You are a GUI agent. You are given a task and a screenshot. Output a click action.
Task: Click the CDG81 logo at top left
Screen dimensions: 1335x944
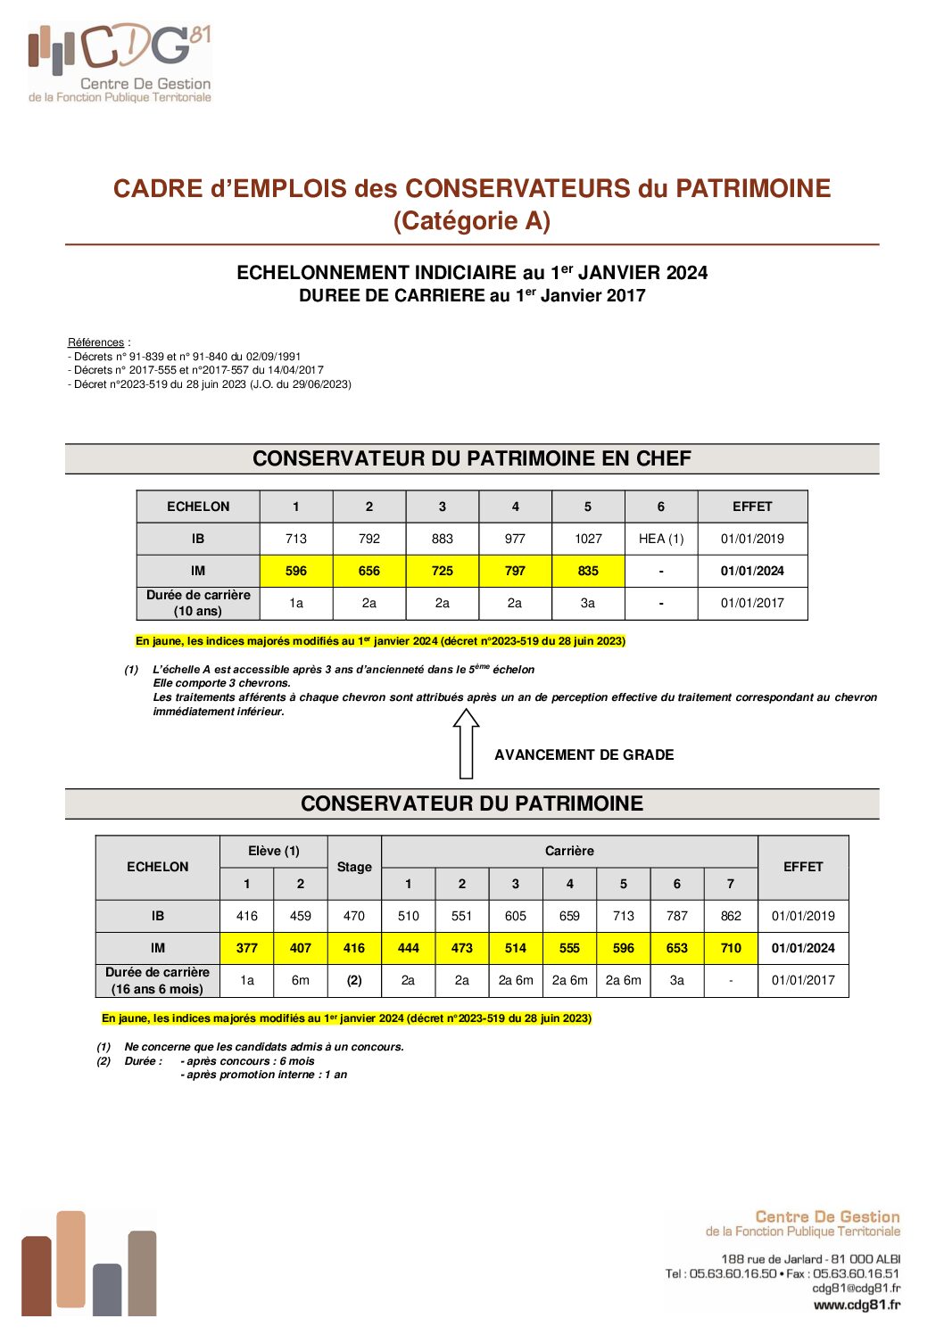click(120, 62)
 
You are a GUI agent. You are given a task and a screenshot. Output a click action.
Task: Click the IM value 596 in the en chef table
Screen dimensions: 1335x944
click(296, 571)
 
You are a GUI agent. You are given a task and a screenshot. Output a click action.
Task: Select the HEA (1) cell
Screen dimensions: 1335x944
click(661, 539)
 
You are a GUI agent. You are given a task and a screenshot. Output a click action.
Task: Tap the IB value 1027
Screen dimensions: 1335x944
click(588, 539)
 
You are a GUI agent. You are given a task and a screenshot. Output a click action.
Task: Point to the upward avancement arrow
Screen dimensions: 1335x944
click(466, 743)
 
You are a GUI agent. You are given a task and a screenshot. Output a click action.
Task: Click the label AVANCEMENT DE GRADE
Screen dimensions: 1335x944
click(584, 754)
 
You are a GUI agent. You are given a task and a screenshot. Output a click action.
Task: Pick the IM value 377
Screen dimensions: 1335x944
click(247, 948)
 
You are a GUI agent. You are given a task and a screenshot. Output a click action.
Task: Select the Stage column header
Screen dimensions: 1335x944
click(354, 867)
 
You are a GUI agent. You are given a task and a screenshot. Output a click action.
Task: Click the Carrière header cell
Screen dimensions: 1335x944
click(569, 851)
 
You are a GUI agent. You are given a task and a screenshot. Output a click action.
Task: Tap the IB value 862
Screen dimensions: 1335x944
click(731, 916)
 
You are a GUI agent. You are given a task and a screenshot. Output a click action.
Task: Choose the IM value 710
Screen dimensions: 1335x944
click(731, 948)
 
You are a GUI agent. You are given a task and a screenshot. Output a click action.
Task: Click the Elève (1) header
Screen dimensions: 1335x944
click(274, 851)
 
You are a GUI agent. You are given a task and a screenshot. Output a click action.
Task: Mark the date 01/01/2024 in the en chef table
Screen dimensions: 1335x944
click(752, 571)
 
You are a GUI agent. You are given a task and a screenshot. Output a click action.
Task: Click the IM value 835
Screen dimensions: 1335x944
click(588, 571)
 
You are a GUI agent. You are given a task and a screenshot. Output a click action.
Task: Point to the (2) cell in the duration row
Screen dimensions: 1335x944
click(354, 980)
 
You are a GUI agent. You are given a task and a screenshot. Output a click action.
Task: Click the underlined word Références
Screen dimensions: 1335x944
click(95, 342)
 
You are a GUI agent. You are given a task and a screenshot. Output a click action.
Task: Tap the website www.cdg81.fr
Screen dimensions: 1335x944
click(857, 1305)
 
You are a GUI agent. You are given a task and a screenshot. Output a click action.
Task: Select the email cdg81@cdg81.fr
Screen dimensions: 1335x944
click(856, 1288)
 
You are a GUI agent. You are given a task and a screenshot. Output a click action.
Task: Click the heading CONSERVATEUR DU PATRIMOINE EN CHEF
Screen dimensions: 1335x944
click(472, 458)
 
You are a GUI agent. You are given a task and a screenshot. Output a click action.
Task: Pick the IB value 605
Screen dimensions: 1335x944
click(516, 916)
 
